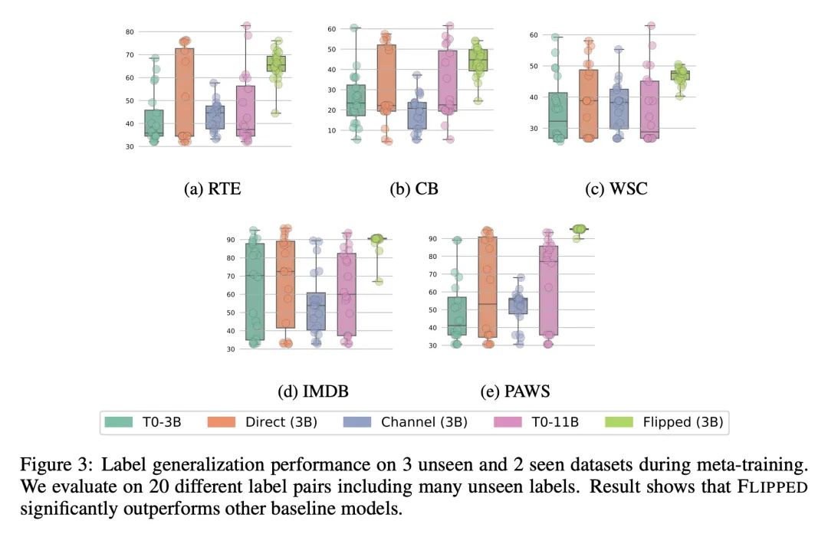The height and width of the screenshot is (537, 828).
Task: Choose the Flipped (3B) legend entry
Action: pyautogui.click(x=679, y=421)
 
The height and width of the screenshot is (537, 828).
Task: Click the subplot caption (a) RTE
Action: pyautogui.click(x=212, y=188)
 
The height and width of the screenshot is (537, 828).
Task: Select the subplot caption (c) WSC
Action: pyautogui.click(x=616, y=188)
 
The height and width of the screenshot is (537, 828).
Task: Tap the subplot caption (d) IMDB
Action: pyautogui.click(x=314, y=391)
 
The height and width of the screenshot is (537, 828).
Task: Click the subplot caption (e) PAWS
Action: pyautogui.click(x=514, y=391)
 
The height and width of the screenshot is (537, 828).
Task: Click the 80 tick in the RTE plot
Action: pyautogui.click(x=130, y=31)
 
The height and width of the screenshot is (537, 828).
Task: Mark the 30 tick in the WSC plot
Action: pyautogui.click(x=534, y=128)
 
